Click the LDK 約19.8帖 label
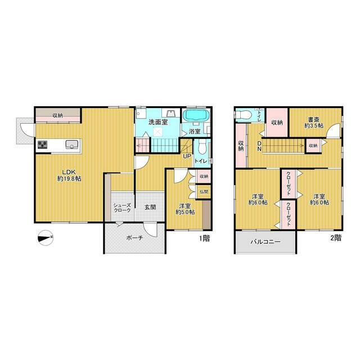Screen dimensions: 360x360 click(69, 175)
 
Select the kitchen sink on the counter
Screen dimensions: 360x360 click(72, 145)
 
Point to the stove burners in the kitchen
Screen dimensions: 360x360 click(43, 145)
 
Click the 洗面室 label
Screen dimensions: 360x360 click(158, 122)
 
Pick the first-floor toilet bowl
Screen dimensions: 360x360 click(202, 147)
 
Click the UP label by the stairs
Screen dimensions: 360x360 click(187, 156)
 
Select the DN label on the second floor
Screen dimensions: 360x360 click(259, 146)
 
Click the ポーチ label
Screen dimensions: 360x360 click(134, 238)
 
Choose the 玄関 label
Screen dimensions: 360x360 click(150, 207)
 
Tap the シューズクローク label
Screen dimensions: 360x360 click(123, 208)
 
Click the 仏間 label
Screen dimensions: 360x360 click(204, 191)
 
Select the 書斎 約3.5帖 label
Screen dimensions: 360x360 click(314, 123)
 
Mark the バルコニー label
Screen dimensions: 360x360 click(265, 242)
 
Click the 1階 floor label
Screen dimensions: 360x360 click(204, 238)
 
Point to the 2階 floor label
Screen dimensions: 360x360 click(336, 238)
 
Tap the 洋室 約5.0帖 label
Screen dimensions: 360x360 click(185, 209)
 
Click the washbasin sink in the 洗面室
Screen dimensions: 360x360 click(170, 113)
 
